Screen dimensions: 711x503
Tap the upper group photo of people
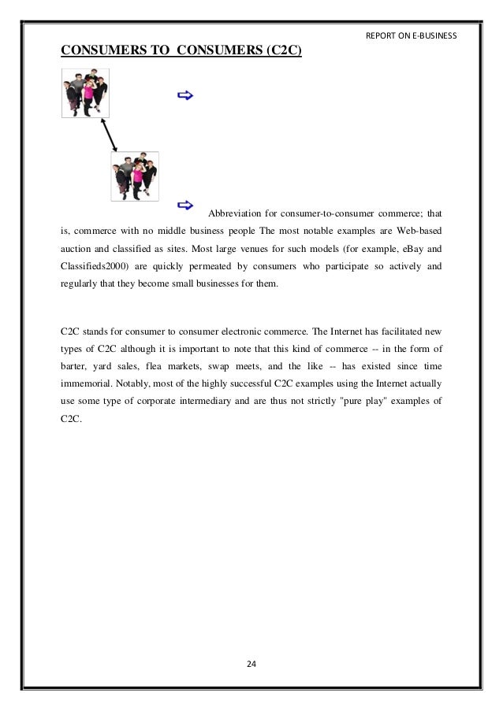pyautogui.click(x=85, y=92)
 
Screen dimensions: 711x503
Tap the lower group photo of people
pyautogui.click(x=135, y=176)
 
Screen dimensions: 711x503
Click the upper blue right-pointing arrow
pyautogui.click(x=186, y=96)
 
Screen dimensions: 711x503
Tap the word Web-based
pyautogui.click(x=418, y=234)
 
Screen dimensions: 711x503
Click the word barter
pyautogui.click(x=77, y=367)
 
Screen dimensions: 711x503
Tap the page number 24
pyautogui.click(x=251, y=665)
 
